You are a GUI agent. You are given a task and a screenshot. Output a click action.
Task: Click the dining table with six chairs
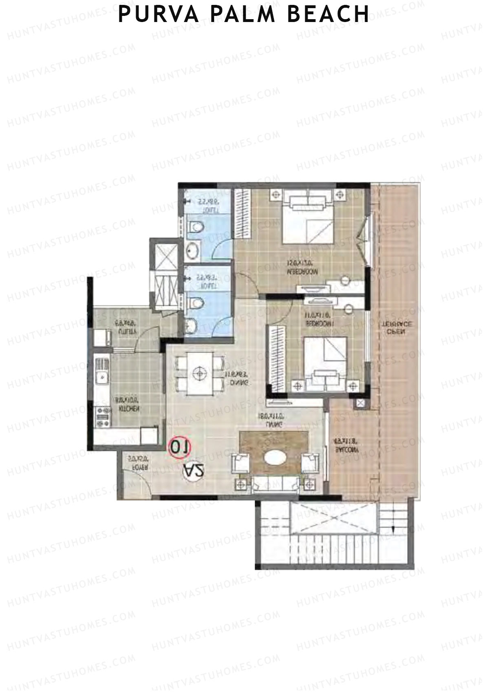[199, 374]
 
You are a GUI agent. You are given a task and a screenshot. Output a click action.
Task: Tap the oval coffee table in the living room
[275, 458]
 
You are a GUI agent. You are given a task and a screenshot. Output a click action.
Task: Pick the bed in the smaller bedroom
[326, 361]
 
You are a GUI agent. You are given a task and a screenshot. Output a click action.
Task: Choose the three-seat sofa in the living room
[275, 484]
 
